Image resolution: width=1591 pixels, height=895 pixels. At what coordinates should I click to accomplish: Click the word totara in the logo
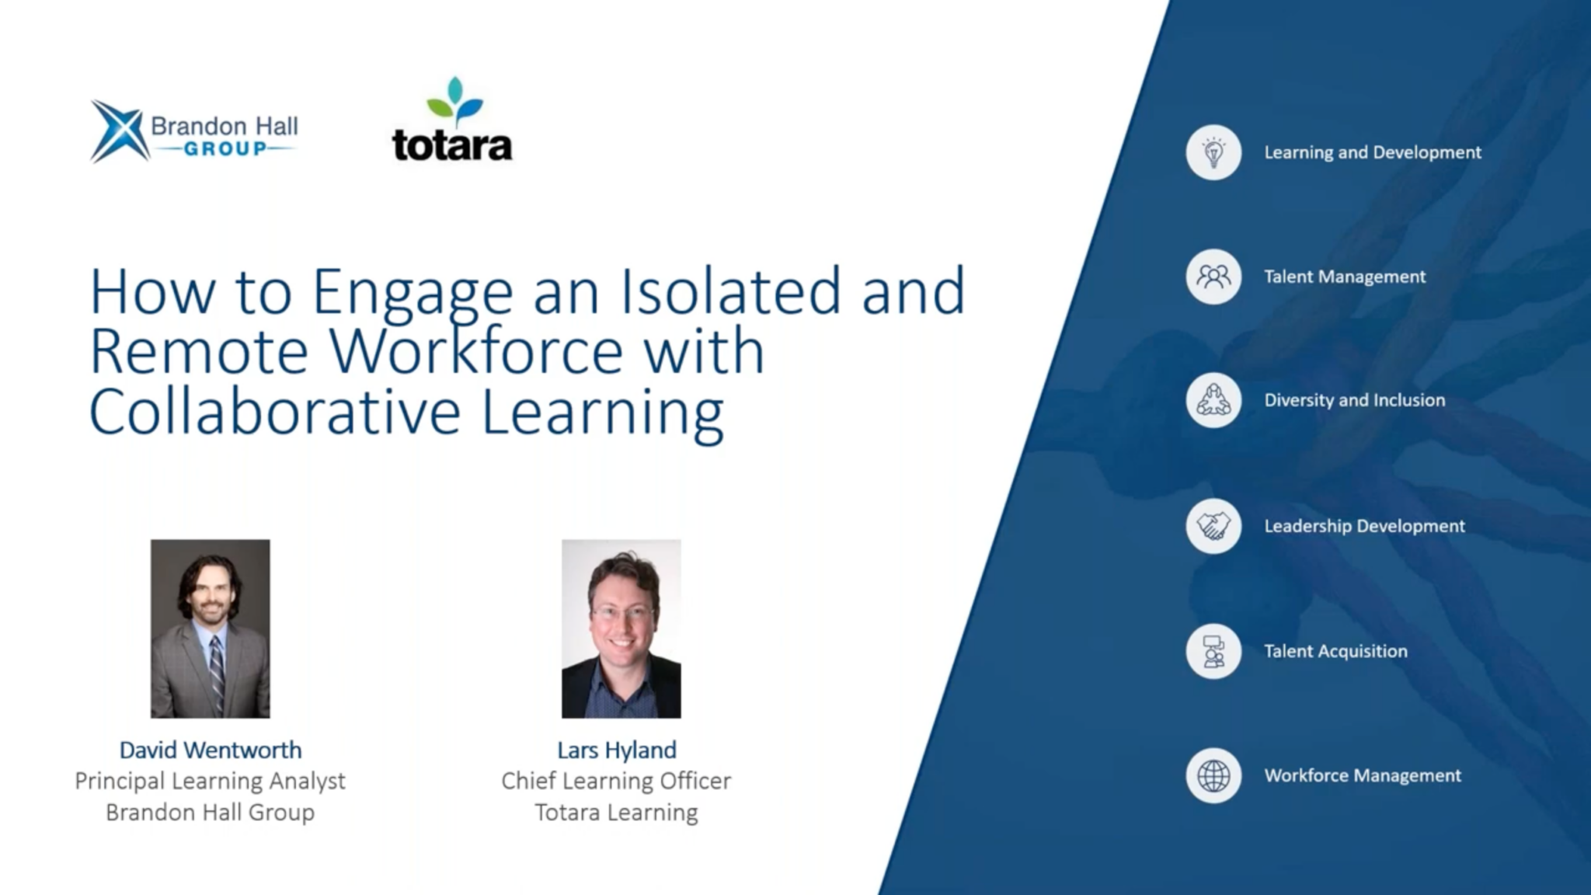point(452,145)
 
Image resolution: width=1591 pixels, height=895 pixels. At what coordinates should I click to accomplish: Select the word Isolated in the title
point(730,291)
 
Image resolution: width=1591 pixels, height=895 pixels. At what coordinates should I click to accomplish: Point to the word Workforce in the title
point(476,351)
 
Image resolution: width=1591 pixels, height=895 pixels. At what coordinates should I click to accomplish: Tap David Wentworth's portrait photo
point(211,629)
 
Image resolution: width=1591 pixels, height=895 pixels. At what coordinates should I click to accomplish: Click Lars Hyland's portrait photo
point(621,629)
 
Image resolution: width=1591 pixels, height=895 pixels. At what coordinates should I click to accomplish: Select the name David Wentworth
point(211,750)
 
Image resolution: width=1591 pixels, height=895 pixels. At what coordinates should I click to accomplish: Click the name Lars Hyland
point(617,750)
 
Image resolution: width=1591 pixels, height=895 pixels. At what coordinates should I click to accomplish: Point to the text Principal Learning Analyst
point(211,781)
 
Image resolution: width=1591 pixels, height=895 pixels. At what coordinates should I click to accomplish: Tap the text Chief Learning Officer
point(616,781)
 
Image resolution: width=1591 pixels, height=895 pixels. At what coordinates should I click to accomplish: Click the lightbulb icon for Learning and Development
point(1213,152)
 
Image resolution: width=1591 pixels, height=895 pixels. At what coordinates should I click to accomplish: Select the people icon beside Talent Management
point(1213,277)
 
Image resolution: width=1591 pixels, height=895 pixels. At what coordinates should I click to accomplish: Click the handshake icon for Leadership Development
point(1213,526)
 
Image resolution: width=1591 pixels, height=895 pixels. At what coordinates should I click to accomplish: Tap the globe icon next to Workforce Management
point(1213,775)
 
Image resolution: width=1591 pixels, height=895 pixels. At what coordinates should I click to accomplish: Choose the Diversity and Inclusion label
point(1354,400)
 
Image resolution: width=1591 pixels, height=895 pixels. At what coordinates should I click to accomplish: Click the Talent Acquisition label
point(1335,651)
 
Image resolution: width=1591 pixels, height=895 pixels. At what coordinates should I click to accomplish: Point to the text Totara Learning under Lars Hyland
point(616,813)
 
